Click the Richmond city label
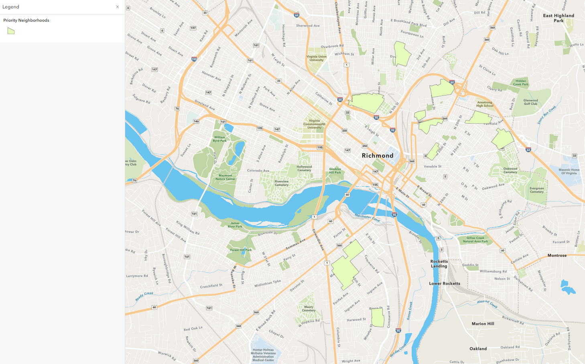click(378, 156)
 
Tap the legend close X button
click(118, 7)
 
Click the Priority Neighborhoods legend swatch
click(11, 31)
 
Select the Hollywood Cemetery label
click(304, 168)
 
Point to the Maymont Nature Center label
click(225, 177)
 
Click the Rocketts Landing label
click(439, 264)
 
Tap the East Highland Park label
click(559, 18)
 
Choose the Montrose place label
click(557, 256)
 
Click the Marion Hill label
click(483, 324)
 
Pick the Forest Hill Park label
click(241, 250)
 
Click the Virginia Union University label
click(316, 58)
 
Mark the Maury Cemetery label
click(309, 309)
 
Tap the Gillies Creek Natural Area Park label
click(475, 240)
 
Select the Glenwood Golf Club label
click(530, 102)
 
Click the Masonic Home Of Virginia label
click(569, 171)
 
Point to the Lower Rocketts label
click(445, 284)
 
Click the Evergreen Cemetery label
click(536, 190)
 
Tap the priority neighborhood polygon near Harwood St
click(378, 317)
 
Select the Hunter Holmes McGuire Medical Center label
click(264, 355)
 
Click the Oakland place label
click(478, 349)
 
